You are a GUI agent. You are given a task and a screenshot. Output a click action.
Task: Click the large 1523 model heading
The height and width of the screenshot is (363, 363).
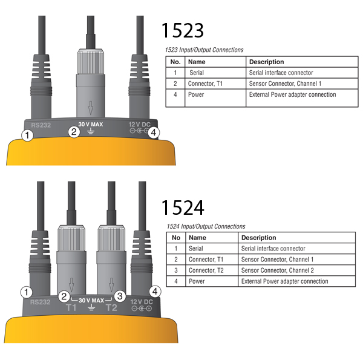click(x=183, y=30)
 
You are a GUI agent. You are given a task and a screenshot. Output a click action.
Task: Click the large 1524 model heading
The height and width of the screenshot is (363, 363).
click(x=183, y=207)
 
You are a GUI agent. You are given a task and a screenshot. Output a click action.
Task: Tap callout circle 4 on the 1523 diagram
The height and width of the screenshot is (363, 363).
click(x=154, y=132)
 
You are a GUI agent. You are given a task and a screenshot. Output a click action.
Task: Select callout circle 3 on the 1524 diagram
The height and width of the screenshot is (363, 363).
click(x=120, y=296)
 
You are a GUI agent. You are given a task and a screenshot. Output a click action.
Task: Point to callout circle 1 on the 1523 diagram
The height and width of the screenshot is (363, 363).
click(x=27, y=135)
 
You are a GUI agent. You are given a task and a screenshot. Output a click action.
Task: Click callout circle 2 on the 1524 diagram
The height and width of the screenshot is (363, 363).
click(x=64, y=296)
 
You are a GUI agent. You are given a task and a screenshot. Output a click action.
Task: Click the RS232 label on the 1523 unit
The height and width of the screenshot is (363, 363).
click(x=41, y=125)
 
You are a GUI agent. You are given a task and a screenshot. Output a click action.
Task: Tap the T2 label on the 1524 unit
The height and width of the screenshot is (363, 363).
click(x=111, y=308)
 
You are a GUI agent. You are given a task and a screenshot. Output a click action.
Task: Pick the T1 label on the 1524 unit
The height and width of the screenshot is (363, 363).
click(x=71, y=308)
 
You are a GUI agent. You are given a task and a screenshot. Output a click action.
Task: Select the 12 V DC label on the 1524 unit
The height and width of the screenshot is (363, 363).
click(x=142, y=302)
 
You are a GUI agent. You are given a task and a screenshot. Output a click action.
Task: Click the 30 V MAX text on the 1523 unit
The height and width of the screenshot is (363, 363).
click(x=91, y=124)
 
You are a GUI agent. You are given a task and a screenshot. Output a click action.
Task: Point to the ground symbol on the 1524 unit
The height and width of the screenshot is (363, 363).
click(x=91, y=307)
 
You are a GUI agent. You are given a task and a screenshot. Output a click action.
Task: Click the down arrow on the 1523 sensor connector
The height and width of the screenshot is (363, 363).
click(x=91, y=108)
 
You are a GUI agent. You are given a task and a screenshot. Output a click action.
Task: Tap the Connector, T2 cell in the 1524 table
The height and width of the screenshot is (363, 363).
click(x=206, y=270)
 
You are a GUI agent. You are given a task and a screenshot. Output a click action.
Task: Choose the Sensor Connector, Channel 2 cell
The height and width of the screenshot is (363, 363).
click(x=277, y=270)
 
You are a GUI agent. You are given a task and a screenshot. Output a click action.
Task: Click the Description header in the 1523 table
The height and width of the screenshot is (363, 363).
click(x=266, y=62)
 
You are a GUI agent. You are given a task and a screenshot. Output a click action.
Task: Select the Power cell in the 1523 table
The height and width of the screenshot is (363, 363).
click(x=196, y=95)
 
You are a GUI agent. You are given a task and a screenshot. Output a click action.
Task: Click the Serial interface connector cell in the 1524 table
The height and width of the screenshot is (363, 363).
click(x=273, y=249)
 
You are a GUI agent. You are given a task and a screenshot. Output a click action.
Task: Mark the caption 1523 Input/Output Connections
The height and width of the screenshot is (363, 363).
click(x=204, y=50)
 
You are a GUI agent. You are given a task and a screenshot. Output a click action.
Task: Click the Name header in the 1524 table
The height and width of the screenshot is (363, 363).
click(x=197, y=238)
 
